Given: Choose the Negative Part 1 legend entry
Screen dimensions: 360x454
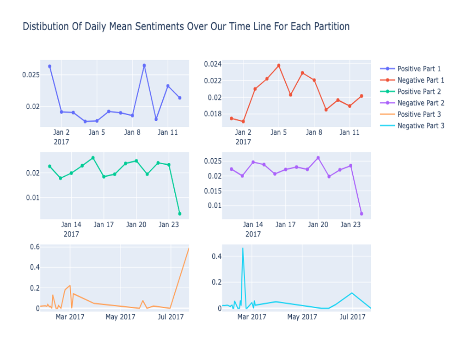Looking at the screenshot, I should (x=421, y=81).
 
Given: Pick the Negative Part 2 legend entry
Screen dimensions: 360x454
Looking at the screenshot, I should (x=421, y=103).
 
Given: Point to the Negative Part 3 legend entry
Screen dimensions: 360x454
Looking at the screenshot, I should (x=421, y=126).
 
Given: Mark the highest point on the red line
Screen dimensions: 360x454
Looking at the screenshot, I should (x=279, y=66).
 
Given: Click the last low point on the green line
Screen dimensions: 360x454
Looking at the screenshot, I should (x=179, y=214).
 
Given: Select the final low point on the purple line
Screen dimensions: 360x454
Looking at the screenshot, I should (x=362, y=214).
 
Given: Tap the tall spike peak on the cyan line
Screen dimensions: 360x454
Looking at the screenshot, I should (x=243, y=248).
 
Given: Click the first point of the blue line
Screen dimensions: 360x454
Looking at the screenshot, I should (x=49, y=66).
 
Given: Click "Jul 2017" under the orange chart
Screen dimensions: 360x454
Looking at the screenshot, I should (x=171, y=317).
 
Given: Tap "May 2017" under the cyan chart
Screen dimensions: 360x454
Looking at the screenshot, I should (x=302, y=317).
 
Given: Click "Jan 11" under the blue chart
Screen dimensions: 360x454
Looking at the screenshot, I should (x=168, y=133).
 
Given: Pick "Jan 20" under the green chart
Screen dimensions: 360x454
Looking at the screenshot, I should (x=136, y=225).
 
